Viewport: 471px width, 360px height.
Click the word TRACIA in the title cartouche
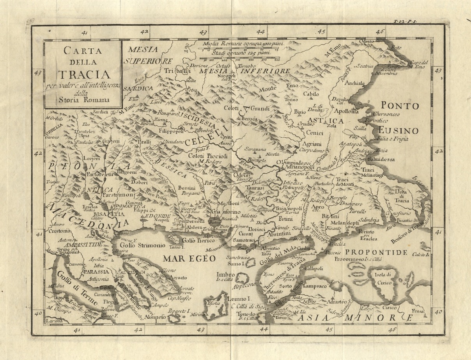pyautogui.click(x=84, y=73)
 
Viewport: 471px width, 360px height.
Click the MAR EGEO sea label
pyautogui.click(x=189, y=259)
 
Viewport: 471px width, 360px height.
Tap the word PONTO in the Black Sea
pyautogui.click(x=400, y=106)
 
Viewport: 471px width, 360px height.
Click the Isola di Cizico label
pyautogui.click(x=386, y=277)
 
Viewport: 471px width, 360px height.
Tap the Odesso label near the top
pyautogui.click(x=369, y=41)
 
